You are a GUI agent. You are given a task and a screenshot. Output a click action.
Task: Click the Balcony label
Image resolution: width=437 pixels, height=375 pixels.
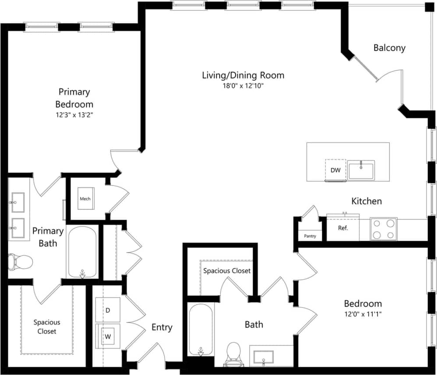389,48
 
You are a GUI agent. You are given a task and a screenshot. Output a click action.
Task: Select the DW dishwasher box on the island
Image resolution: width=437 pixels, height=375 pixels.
335,170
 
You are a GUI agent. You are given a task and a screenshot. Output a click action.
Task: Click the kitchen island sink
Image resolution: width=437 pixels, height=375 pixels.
361,170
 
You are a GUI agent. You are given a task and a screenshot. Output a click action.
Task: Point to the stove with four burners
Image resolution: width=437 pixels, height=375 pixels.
384,229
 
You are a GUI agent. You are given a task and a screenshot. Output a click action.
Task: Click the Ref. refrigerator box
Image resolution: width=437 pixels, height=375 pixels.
343,228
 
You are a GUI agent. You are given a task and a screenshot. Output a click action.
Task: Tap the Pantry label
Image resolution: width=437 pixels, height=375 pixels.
310,236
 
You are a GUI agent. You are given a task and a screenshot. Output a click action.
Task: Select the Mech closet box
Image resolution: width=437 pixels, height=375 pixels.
85,199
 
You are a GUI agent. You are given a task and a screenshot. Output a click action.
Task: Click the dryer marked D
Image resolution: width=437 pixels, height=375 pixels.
108,310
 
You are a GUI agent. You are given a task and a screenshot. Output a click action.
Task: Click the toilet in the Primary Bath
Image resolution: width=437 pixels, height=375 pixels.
20,262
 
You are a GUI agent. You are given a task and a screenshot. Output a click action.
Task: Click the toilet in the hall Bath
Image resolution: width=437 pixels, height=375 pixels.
233,353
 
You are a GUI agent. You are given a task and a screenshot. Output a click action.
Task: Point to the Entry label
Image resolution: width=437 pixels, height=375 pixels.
162,327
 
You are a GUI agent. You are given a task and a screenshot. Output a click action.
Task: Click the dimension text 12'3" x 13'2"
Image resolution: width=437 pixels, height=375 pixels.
74,115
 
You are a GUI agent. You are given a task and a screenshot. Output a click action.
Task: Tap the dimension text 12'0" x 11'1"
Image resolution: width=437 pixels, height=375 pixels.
363,314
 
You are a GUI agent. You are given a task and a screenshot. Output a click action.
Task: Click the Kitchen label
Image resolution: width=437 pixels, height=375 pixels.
367,201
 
